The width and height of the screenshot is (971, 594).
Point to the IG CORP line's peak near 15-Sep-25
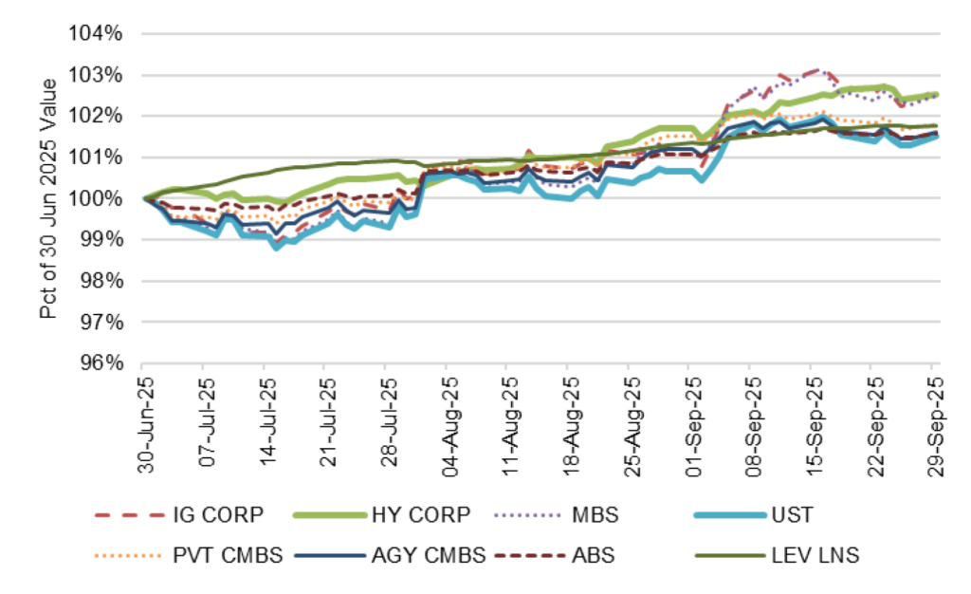pos(817,69)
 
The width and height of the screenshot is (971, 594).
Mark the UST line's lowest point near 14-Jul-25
pos(276,247)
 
